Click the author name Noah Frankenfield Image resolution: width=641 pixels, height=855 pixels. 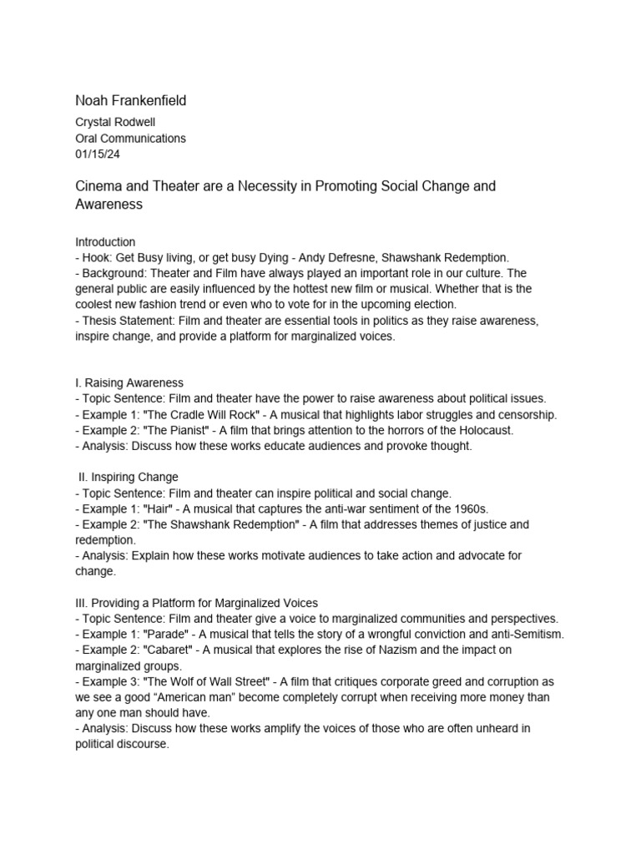coord(131,101)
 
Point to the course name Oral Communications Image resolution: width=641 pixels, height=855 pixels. coord(130,138)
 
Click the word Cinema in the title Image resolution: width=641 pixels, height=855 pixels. coord(98,185)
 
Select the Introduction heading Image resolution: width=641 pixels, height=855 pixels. coord(105,242)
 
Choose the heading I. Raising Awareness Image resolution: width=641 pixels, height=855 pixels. coord(129,383)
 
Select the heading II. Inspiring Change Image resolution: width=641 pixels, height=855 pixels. coord(127,477)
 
